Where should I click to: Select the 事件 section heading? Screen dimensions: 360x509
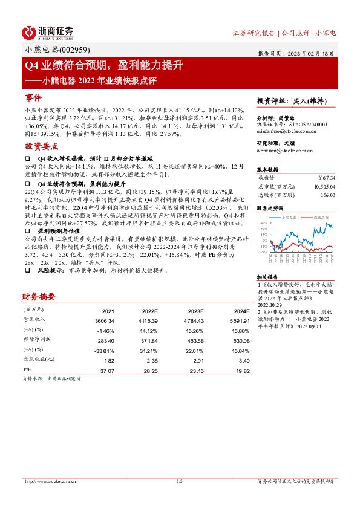click(33, 97)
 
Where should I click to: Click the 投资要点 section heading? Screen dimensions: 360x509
click(42, 146)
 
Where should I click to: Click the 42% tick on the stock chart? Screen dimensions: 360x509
click(263, 222)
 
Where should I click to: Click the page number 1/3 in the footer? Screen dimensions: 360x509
click(180, 481)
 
